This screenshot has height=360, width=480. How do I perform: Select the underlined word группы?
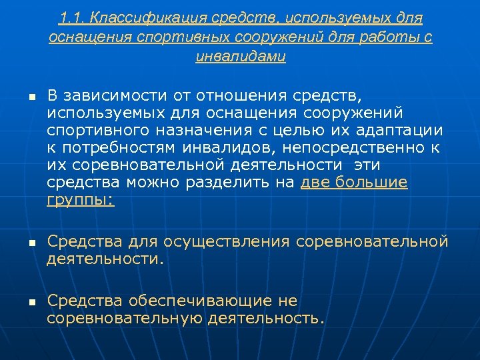pyautogui.click(x=81, y=199)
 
